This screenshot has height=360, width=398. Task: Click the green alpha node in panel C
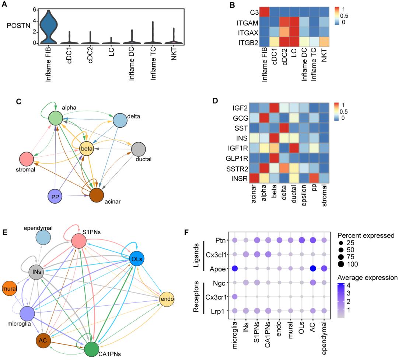57,118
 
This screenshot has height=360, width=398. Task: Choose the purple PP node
55,195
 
